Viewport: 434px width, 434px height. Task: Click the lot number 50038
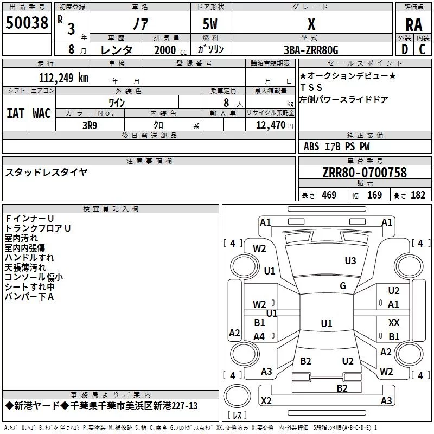tap(27, 23)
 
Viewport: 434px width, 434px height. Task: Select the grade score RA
tap(413, 25)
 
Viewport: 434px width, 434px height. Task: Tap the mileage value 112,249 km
tap(63, 78)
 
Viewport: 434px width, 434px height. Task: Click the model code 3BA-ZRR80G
tap(311, 50)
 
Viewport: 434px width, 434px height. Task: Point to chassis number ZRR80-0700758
tap(365, 173)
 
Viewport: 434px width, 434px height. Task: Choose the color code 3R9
tap(90, 125)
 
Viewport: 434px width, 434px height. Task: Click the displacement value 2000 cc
tap(170, 50)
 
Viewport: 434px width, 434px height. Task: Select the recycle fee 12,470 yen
tap(275, 125)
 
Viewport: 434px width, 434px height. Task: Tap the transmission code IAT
tap(16, 113)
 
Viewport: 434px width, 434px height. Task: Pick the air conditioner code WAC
tap(42, 113)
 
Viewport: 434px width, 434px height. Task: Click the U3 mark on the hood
tap(350, 260)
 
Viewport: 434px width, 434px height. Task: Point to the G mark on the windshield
tap(343, 285)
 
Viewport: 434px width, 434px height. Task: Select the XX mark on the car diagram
tap(394, 322)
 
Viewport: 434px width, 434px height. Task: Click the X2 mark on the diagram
tap(266, 400)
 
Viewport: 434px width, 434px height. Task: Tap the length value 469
tap(329, 195)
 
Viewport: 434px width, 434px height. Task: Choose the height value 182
tap(418, 195)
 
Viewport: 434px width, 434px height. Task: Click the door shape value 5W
tap(210, 24)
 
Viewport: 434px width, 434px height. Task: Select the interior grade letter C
tap(422, 49)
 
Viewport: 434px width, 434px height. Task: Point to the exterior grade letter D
tap(405, 49)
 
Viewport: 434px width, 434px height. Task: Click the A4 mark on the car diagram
tap(259, 336)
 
